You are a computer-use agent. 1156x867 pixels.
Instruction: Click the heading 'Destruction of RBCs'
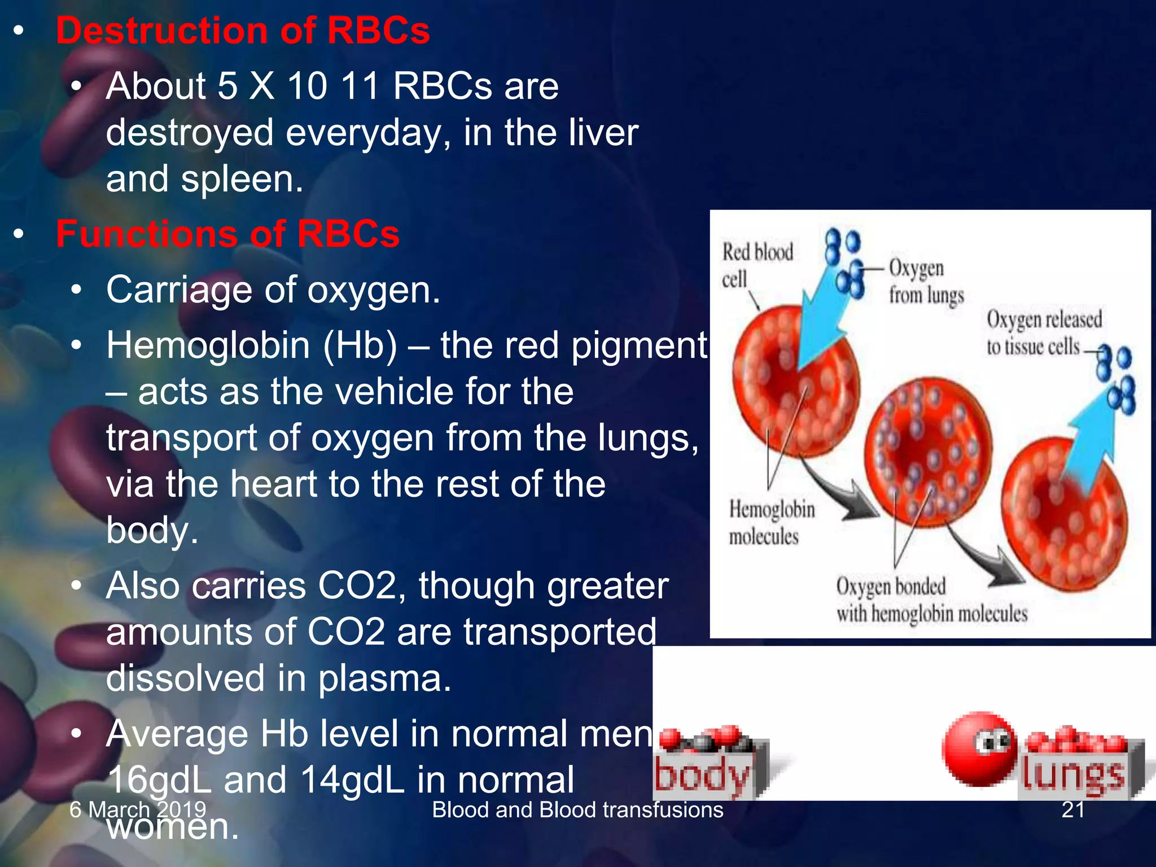click(243, 30)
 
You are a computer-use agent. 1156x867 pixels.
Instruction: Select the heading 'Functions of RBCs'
click(227, 234)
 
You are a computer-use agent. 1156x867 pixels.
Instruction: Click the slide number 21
click(1072, 810)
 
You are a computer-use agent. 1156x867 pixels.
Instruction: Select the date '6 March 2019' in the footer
click(138, 810)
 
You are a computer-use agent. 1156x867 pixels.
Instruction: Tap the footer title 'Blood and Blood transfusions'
click(577, 810)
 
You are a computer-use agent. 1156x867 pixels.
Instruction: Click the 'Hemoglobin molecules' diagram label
click(771, 523)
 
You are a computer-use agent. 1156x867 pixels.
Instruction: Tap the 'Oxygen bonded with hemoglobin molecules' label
click(931, 599)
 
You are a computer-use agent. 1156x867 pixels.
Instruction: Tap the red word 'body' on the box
click(703, 776)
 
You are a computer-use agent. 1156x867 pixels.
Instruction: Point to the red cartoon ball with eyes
click(979, 748)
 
